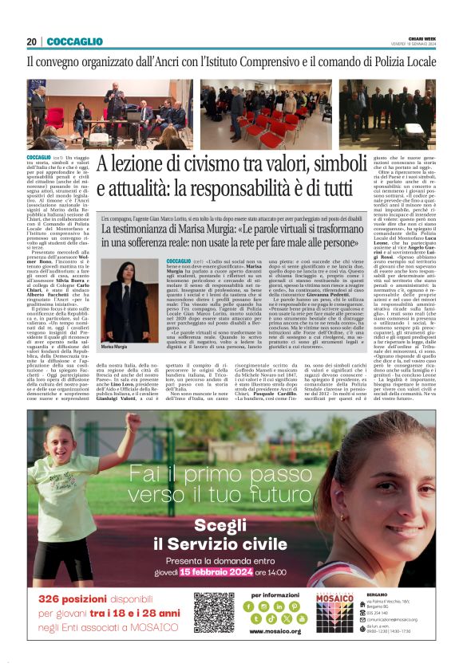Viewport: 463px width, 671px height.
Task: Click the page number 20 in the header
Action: point(31,41)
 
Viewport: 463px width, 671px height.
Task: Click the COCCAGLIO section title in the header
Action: point(74,41)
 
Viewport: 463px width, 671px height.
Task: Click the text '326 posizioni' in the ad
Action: point(77,598)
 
